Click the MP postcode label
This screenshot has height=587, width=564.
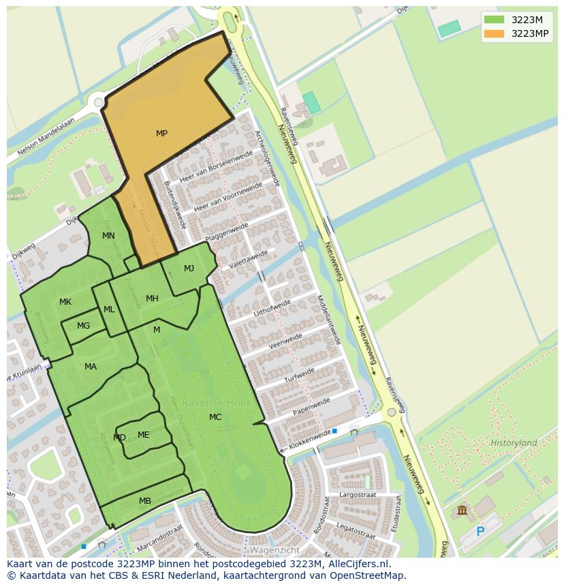pos(161,134)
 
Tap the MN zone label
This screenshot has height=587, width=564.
pos(108,236)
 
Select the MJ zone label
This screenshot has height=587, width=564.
pos(189,269)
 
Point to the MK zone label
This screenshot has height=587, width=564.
pos(65,302)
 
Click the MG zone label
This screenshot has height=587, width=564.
pos(83,326)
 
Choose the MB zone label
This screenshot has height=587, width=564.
pos(145,501)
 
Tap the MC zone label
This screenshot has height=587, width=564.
pos(215,417)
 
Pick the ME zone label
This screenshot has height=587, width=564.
pos(143,435)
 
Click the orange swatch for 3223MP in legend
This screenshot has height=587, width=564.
pos(495,33)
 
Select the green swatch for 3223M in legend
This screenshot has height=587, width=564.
pos(495,20)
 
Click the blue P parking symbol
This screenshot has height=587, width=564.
pos(480,532)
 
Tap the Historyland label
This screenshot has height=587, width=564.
pos(514,443)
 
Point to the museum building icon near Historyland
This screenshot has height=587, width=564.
pos(463,510)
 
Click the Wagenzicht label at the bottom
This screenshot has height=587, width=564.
pos(275,550)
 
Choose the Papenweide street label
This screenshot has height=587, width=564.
pos(311,406)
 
